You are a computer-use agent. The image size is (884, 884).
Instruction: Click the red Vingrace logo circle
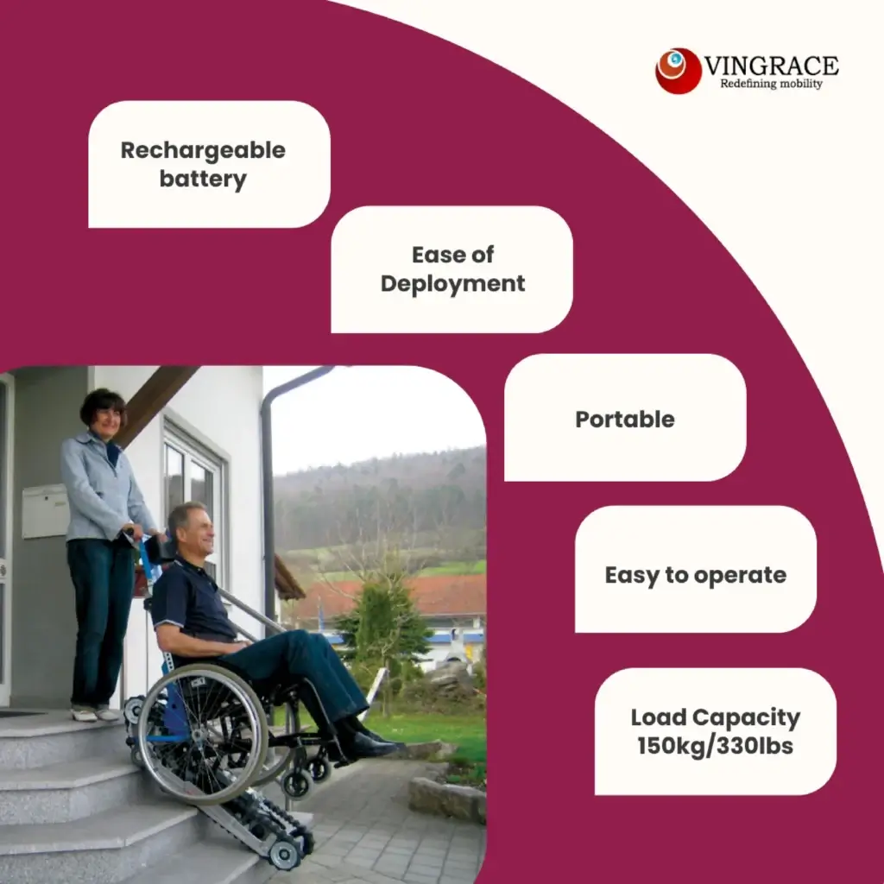[x=678, y=71]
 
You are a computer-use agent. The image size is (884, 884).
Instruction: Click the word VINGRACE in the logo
[x=771, y=66]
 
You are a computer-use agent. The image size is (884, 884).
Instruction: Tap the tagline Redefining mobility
[x=771, y=85]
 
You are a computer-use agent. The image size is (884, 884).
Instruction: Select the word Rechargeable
[x=203, y=150]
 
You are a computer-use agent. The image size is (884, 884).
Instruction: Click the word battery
[x=203, y=180]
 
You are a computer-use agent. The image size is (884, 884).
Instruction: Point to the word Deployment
[x=452, y=283]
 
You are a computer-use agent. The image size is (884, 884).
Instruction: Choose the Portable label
[x=625, y=420]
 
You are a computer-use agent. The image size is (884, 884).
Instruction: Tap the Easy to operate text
[x=696, y=575]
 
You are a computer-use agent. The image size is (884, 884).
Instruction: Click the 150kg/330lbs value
[x=716, y=746]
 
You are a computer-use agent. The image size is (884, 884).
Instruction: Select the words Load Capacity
[x=716, y=717]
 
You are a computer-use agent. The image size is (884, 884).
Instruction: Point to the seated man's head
[x=189, y=527]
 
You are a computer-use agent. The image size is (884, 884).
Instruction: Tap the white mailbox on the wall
[x=45, y=510]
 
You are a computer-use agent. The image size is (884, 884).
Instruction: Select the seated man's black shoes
[x=367, y=743]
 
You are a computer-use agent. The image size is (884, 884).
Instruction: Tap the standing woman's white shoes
[x=95, y=713]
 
